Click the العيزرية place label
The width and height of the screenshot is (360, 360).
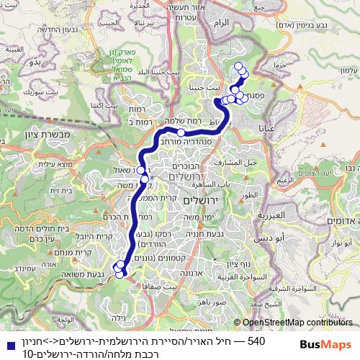coord(276,215)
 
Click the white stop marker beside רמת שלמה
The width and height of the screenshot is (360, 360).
coord(181,132)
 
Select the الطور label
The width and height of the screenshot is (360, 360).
coord(250,194)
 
